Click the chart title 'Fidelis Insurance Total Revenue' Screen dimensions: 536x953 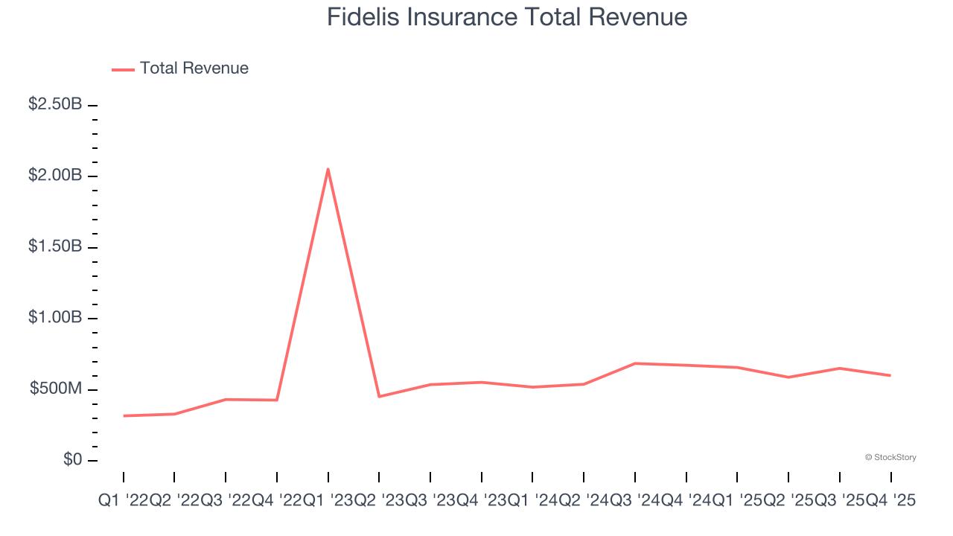506,17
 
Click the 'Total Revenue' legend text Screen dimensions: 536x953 194,68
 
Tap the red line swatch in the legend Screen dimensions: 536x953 123,69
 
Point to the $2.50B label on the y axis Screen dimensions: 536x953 55,104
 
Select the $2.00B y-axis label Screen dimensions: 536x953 55,176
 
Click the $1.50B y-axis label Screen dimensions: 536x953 55,246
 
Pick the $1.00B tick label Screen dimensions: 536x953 55,318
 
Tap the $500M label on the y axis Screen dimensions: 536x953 56,389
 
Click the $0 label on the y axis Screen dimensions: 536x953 72,460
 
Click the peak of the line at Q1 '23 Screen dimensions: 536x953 328,169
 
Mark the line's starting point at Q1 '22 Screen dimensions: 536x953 124,415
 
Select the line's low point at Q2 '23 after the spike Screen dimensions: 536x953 379,396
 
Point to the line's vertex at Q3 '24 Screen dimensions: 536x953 634,363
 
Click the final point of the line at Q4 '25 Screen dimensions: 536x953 890,375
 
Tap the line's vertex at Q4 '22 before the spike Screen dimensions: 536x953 277,400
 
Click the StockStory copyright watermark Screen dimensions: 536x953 890,457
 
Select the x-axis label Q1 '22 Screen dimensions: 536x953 123,502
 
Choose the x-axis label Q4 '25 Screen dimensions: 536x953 890,502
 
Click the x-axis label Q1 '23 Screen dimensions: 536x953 328,502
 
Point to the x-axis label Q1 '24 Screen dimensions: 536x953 532,502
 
